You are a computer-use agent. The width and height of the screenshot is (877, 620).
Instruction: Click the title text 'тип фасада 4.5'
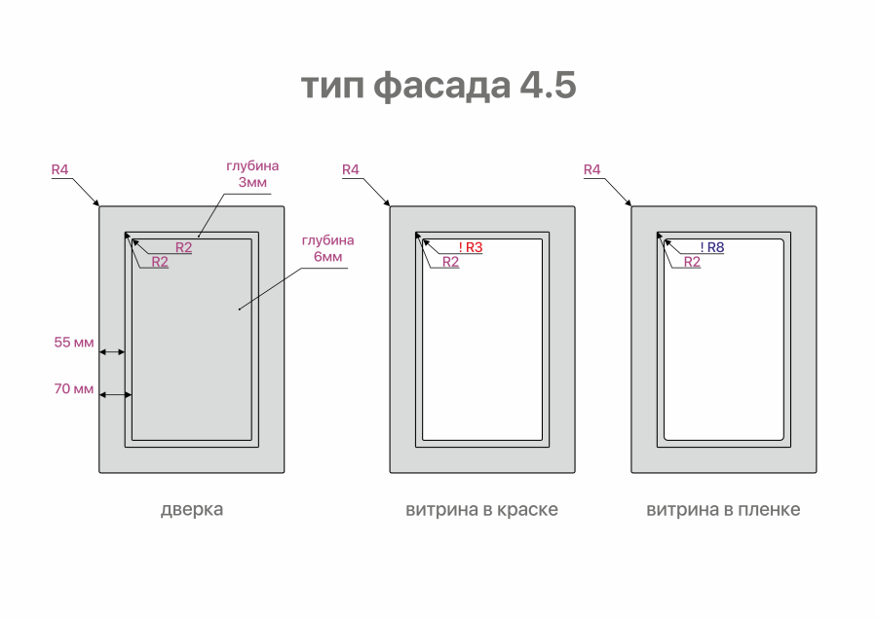[438, 86]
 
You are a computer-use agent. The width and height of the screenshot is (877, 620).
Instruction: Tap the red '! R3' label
[471, 247]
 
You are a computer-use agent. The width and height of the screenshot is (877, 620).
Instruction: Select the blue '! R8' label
[712, 247]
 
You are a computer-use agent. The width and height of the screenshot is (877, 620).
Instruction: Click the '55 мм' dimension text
[74, 343]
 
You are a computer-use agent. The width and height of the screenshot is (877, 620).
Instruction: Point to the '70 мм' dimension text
[74, 388]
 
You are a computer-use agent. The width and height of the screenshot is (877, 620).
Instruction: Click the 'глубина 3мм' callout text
[252, 174]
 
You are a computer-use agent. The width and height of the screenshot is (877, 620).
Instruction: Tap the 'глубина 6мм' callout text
[327, 248]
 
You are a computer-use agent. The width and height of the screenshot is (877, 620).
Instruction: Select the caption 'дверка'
[192, 510]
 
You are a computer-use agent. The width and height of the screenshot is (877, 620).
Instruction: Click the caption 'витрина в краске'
[481, 510]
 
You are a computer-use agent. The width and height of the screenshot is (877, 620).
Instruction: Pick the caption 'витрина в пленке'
[723, 510]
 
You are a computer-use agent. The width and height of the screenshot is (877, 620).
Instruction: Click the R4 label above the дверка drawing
[59, 169]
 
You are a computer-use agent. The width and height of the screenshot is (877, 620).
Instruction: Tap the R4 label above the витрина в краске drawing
[351, 169]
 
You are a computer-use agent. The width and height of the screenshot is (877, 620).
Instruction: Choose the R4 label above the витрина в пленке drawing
[592, 169]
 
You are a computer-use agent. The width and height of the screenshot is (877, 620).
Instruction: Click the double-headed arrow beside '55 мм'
[112, 352]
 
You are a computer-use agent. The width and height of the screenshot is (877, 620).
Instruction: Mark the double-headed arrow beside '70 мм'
[116, 395]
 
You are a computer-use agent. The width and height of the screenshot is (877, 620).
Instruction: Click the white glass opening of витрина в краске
[482, 340]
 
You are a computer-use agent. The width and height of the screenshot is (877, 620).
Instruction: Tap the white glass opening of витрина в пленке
[724, 340]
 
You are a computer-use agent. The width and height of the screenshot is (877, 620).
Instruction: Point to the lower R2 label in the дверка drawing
[160, 262]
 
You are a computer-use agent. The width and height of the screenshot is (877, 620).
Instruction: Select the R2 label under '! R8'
[693, 262]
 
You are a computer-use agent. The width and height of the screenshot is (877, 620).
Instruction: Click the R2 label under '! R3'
[451, 262]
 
